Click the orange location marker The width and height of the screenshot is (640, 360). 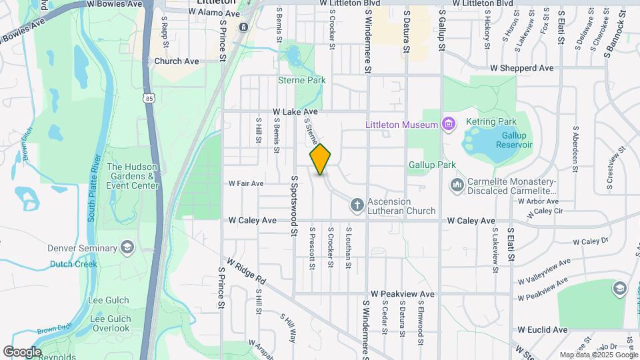320,159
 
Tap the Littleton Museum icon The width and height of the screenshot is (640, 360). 448,125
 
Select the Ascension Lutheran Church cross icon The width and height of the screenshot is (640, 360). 357,205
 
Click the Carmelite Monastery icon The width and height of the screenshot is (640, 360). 457,185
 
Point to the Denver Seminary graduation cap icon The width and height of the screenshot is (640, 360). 126,249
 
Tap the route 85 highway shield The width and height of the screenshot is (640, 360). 148,98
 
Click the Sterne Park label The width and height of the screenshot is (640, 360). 301,80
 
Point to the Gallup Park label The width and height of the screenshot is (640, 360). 432,165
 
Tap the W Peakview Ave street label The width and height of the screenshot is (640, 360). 403,293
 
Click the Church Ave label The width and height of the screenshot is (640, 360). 177,61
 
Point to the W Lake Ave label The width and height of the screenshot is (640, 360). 295,112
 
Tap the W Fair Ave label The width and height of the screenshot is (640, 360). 246,183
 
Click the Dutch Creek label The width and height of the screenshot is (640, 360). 73,264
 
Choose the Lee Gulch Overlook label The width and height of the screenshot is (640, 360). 110,323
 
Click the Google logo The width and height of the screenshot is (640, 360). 22,352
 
